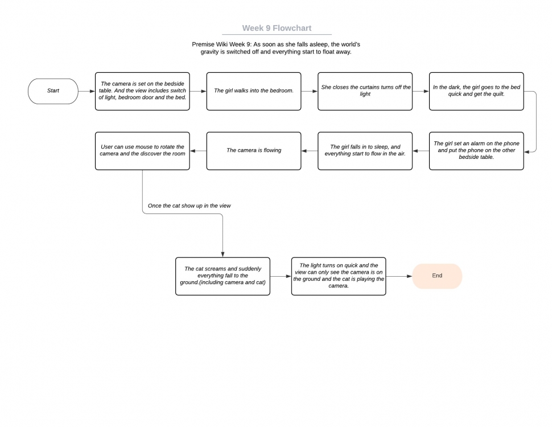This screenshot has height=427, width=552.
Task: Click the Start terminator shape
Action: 53,91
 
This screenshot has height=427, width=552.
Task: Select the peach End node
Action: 437,276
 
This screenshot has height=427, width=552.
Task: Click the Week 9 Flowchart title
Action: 277,28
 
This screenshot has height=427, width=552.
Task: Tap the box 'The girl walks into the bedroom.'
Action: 254,91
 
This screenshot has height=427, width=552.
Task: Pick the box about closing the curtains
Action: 365,91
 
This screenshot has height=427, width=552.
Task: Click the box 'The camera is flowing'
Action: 254,151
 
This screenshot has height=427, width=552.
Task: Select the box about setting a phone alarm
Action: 476,151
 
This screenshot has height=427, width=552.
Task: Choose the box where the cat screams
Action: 223,276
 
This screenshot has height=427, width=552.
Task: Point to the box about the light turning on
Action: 339,276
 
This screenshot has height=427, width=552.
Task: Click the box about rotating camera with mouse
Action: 143,151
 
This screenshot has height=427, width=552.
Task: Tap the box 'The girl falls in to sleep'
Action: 365,151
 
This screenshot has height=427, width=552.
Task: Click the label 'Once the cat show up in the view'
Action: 190,206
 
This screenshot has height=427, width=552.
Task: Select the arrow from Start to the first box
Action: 86,91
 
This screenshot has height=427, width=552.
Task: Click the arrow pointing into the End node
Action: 399,276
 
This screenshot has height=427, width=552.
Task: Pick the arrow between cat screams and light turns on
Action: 281,276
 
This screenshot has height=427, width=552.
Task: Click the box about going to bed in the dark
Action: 476,91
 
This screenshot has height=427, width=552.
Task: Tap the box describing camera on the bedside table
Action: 143,91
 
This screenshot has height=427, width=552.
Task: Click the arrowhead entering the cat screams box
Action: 223,254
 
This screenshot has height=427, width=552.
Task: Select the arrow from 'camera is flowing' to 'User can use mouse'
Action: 198,151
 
